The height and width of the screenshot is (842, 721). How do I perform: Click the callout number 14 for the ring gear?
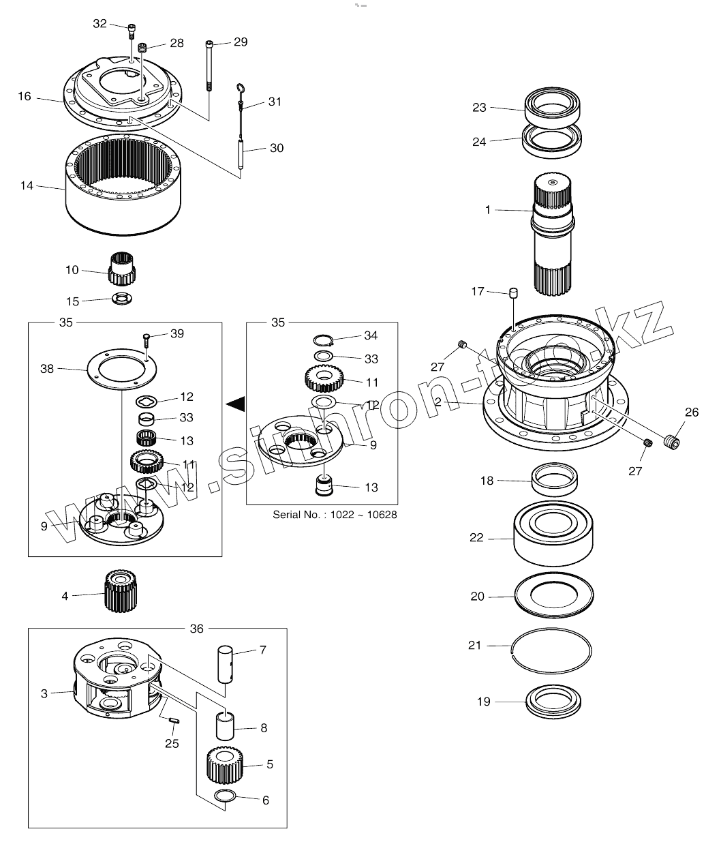coord(26,185)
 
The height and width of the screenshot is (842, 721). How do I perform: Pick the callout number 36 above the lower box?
coord(196,629)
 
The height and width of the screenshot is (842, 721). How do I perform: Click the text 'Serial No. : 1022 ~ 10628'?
coord(335,515)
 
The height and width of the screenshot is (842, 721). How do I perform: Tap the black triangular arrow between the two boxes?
coord(235,404)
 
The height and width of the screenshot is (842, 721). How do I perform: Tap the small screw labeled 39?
coord(147,340)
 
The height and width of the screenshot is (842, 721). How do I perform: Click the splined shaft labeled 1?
coord(553,232)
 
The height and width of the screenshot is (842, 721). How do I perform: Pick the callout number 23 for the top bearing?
coord(479,107)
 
